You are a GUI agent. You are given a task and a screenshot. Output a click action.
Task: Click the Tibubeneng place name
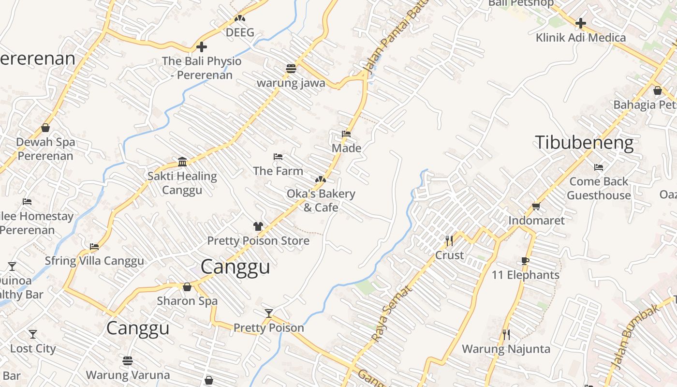click(584, 143)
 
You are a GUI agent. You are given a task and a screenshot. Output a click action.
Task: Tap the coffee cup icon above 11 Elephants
click(525, 262)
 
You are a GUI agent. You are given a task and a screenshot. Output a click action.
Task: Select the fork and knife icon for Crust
click(449, 240)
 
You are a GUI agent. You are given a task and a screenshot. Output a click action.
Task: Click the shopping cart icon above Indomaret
click(536, 207)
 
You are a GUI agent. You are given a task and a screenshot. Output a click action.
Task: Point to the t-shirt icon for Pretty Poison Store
click(258, 226)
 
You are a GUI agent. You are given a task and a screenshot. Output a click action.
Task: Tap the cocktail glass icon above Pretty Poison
click(269, 313)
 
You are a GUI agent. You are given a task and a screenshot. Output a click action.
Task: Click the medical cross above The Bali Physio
click(202, 47)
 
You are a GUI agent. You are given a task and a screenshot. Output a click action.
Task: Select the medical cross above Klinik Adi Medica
click(580, 23)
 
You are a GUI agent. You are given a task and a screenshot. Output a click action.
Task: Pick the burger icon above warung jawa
click(291, 68)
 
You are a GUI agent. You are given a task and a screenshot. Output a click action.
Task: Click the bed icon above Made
click(346, 134)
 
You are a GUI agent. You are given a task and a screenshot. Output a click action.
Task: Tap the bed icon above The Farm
click(278, 157)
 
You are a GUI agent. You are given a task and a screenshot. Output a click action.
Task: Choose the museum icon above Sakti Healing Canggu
click(182, 162)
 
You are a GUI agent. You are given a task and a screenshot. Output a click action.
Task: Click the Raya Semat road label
click(392, 313)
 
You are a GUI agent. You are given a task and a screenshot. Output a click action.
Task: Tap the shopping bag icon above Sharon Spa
click(187, 287)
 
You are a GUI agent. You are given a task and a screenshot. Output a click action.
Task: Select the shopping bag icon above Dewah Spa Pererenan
click(45, 128)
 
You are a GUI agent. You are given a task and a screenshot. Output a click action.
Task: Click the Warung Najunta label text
click(506, 349)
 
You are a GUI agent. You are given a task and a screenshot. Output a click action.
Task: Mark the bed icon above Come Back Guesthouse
click(599, 167)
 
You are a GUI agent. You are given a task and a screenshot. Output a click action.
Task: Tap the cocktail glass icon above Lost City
click(33, 334)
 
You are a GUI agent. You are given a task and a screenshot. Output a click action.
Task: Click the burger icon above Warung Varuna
click(128, 361)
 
